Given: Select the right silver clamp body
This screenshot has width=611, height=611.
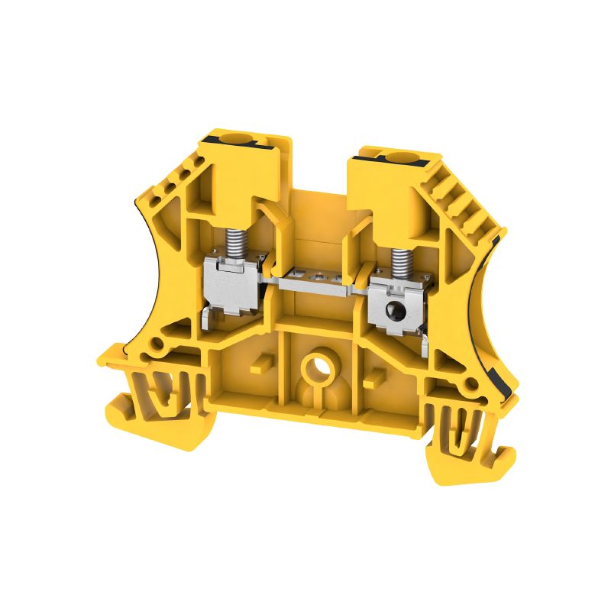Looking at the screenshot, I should [x=394, y=305].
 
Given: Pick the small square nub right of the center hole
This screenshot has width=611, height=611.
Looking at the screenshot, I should [x=373, y=377].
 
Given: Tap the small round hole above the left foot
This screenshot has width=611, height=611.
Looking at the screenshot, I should [x=157, y=345].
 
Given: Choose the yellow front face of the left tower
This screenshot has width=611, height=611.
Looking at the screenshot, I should [x=236, y=183].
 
